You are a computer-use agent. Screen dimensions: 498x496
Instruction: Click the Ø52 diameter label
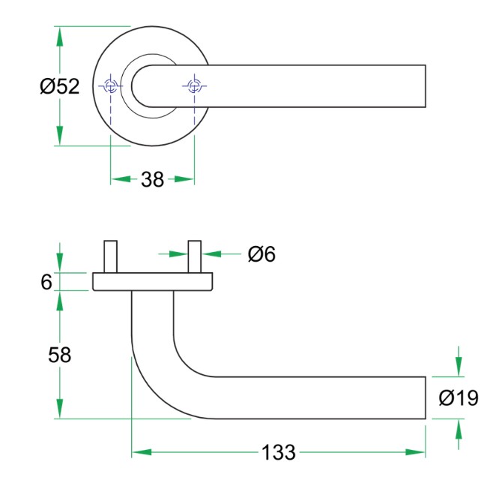(x=59, y=87)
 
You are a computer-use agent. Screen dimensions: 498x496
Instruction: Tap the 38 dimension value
(x=152, y=180)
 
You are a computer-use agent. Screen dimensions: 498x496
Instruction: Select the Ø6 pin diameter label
(x=261, y=255)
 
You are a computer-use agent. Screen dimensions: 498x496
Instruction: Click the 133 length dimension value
(x=279, y=453)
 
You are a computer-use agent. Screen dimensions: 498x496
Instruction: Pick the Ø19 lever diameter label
(x=459, y=398)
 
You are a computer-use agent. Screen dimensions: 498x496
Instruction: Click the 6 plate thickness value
(x=46, y=282)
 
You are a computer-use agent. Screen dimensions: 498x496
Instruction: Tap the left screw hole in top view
(x=111, y=86)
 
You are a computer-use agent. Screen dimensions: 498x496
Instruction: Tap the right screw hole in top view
(x=194, y=86)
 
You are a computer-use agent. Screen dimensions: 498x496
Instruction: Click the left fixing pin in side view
(x=111, y=257)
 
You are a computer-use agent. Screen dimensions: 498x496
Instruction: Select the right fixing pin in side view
(x=195, y=257)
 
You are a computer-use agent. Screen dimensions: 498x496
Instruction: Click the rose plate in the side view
(x=153, y=282)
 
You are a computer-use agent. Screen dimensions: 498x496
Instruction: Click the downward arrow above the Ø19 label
(x=459, y=367)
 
